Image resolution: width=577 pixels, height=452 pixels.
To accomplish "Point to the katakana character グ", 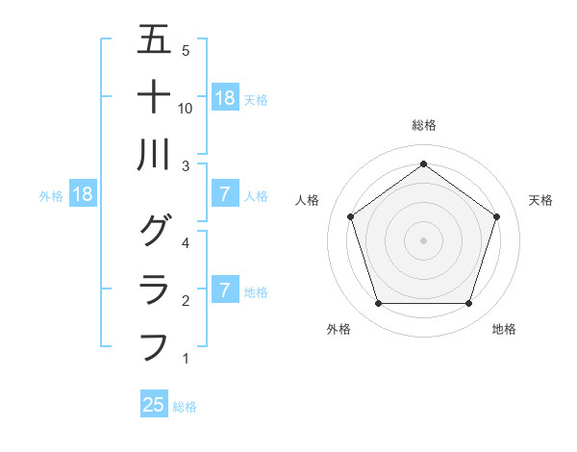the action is coord(154,231).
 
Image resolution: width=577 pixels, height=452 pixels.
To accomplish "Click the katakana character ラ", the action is coord(154,289).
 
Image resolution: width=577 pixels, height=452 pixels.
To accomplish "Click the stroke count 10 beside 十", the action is coord(186,108).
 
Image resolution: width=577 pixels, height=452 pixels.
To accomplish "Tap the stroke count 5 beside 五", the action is coord(185,50).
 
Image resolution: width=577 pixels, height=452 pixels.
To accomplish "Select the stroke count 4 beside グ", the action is coord(185,242).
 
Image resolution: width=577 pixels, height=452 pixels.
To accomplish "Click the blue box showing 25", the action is coord(154,405).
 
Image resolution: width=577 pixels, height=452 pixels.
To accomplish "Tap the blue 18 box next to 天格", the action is coord(225,97).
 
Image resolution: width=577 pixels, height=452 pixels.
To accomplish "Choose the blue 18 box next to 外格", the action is coord(83,194).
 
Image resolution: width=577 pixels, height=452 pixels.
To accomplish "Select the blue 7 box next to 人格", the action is coord(224,194).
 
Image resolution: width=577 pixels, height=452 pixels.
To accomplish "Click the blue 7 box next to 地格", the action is coord(224,289).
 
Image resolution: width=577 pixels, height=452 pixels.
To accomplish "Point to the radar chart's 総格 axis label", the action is coord(424,125).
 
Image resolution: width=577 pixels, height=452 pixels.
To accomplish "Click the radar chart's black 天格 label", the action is coord(540,200).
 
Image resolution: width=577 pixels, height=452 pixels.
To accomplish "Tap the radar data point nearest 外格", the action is coord(378,304).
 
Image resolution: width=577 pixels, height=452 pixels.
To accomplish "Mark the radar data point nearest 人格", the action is coord(350,216).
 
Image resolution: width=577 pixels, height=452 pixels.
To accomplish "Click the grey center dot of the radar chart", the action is coord(423,239).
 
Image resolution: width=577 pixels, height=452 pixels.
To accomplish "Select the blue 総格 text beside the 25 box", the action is coord(185,407).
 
